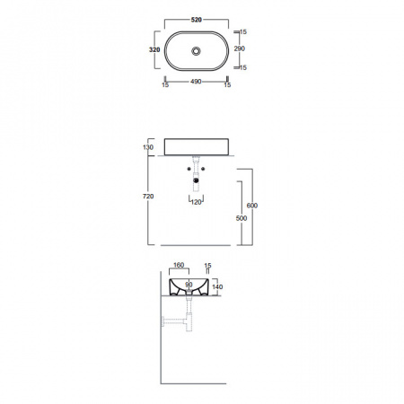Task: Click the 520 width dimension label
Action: click(197, 20)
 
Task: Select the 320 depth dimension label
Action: click(154, 49)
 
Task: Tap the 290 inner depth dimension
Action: click(240, 48)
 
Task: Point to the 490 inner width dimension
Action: click(196, 82)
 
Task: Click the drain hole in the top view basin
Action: click(196, 51)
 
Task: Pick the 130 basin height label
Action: click(148, 147)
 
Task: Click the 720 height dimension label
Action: click(148, 197)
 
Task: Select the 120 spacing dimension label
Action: click(196, 202)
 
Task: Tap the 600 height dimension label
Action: click(252, 206)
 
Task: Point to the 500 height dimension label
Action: click(242, 218)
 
